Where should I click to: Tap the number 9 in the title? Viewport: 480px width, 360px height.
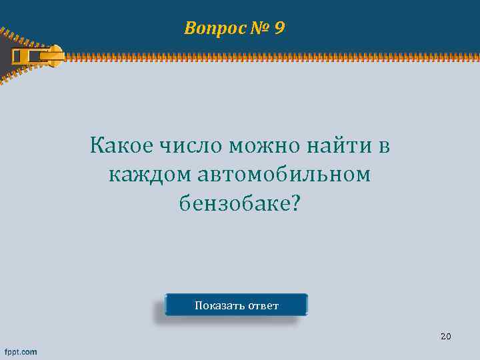coord(279,28)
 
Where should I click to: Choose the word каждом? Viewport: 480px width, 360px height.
coord(149,174)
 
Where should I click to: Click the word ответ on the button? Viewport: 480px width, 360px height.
coord(263,306)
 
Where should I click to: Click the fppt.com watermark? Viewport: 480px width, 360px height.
coord(21,351)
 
